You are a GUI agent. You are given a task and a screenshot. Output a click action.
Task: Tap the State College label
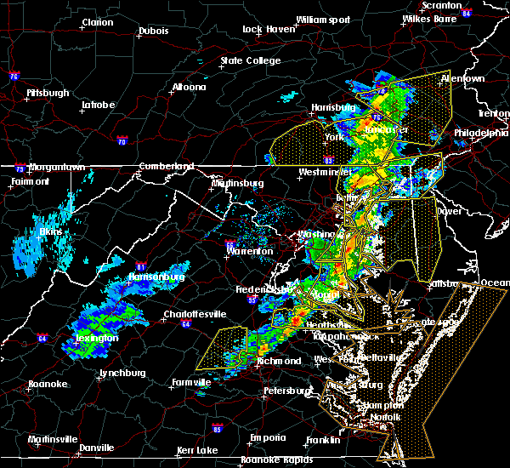[250, 61]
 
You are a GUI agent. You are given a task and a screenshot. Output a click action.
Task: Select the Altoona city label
[188, 88]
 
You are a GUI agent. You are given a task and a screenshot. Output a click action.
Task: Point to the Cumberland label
[166, 167]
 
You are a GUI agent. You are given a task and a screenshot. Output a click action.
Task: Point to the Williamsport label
[322, 19]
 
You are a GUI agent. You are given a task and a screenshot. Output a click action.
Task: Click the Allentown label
[462, 79]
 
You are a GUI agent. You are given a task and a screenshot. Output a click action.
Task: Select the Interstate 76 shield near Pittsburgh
[14, 77]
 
